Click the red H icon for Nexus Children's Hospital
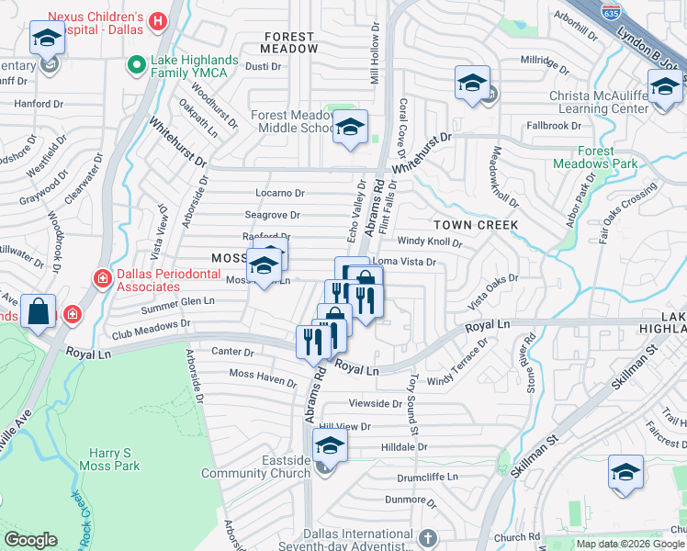pyautogui.click(x=159, y=19)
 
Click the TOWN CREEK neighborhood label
pyautogui.click(x=476, y=225)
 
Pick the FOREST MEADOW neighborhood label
pyautogui.click(x=289, y=42)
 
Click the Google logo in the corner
pyautogui.click(x=30, y=540)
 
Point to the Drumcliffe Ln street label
pyautogui.click(x=427, y=478)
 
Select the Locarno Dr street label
pyautogui.click(x=280, y=193)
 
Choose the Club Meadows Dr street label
pyautogui.click(x=152, y=324)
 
